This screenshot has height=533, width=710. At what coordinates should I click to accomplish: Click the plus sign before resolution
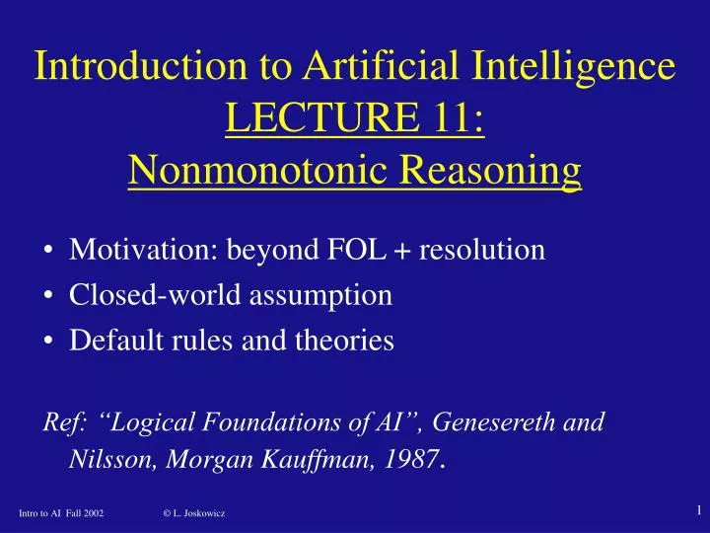pos(405,251)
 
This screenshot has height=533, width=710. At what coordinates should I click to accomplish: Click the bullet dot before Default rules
pos(48,342)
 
